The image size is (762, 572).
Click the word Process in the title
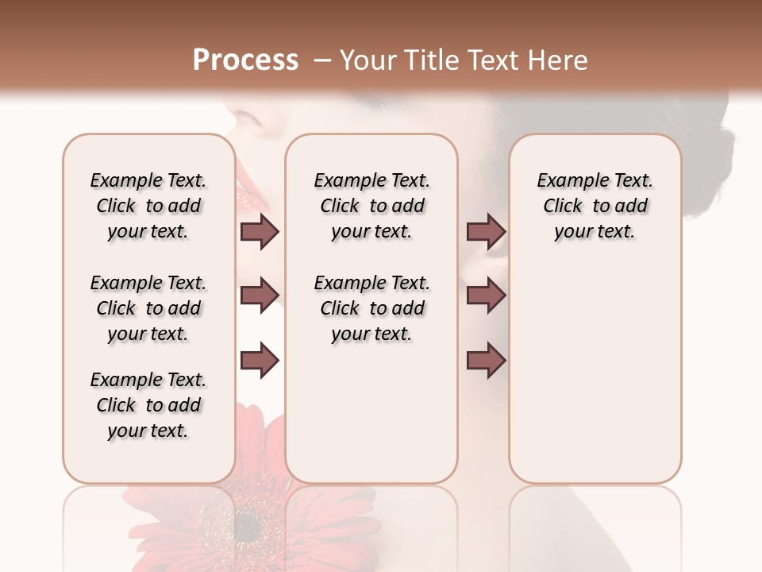point(245,60)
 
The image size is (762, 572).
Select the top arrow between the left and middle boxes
point(260,231)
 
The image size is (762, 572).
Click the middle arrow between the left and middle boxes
point(260,296)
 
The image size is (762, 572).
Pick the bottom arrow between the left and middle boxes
point(260,361)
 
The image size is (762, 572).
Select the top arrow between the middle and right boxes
point(486,231)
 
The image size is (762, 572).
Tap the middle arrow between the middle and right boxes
point(486,296)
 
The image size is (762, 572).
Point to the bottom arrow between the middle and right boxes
point(486,361)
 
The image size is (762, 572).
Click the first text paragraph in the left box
point(148,206)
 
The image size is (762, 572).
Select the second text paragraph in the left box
point(148,308)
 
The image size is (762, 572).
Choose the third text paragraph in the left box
point(148,405)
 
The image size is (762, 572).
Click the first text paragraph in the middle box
point(371,206)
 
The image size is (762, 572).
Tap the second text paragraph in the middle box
point(371,308)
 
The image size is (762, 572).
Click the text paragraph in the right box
point(595,206)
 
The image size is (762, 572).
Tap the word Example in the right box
point(567,180)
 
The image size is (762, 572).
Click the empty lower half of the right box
point(595,381)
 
